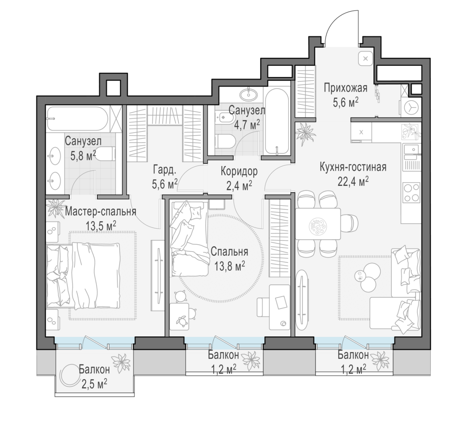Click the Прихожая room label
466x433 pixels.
(x=345, y=88)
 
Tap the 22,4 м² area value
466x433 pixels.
(x=353, y=181)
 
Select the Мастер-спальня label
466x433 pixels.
(x=100, y=212)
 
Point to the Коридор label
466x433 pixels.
(x=239, y=171)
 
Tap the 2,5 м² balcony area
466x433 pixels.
(x=94, y=385)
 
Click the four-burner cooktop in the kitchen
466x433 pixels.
(x=411, y=192)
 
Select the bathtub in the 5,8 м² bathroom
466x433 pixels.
(x=78, y=119)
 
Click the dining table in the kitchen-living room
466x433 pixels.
(x=318, y=224)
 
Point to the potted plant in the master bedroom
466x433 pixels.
(x=55, y=208)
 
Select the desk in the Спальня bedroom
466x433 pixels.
(x=279, y=307)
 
